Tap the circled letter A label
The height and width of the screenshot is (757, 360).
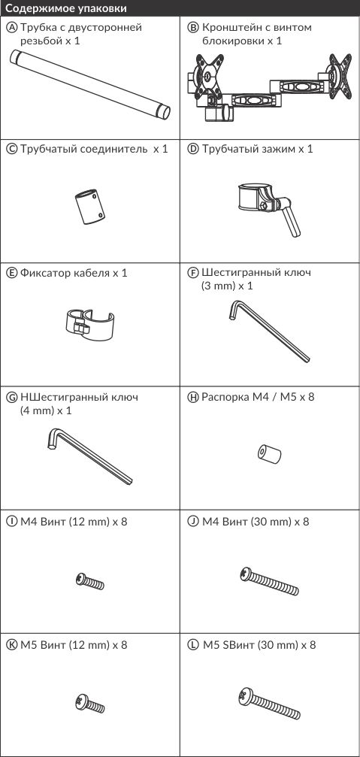13,28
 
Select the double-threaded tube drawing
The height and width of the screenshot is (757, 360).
90,85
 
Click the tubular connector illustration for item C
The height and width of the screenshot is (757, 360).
89,207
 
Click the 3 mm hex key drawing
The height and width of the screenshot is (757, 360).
268,331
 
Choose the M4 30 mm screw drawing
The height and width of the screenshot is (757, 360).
269,581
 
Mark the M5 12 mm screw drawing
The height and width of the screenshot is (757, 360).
89,704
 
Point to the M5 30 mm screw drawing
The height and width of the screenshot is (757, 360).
269,704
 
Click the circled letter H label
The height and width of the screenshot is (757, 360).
193,398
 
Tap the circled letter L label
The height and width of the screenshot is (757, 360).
193,645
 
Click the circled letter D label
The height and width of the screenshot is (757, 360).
193,149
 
